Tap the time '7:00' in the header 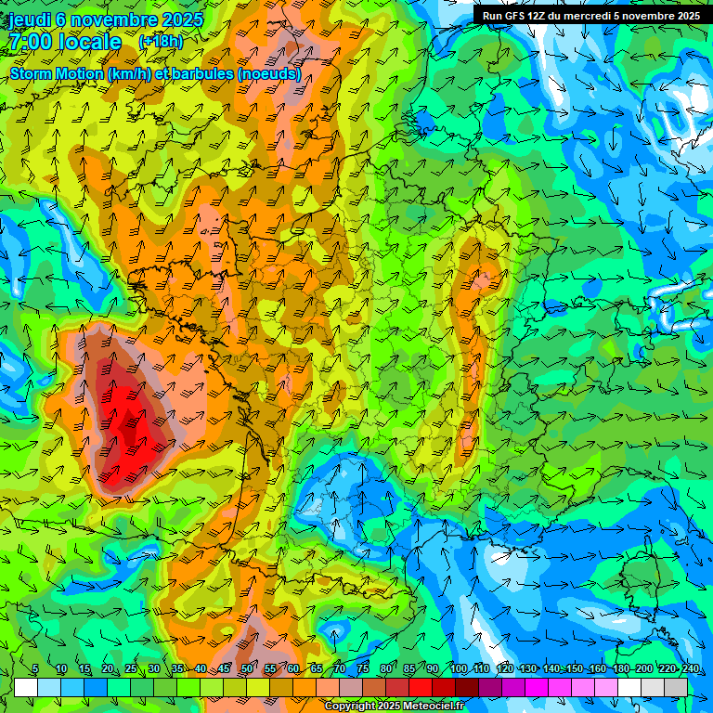30,42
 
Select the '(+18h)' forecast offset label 161,42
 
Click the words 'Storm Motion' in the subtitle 56,73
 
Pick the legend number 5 35,669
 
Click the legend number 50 246,669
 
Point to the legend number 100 458,669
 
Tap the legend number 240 690,669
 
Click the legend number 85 409,669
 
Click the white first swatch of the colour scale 26,687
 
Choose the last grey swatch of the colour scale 676,687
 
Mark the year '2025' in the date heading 178,19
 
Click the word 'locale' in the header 90,42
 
